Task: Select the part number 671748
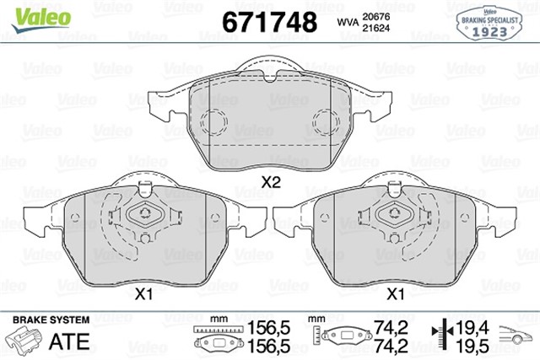coord(268,20)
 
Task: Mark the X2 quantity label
coord(270,181)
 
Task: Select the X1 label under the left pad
coord(143,294)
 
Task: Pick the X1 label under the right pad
coord(394,294)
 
